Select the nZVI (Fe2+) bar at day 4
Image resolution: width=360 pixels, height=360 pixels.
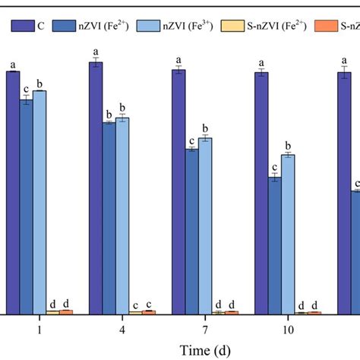pyautogui.click(x=109, y=217)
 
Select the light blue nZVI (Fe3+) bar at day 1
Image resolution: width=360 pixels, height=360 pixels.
pyautogui.click(x=39, y=201)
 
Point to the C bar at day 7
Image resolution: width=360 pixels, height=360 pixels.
pyautogui.click(x=178, y=191)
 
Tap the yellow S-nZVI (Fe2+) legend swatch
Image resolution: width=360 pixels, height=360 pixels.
pyautogui.click(x=236, y=25)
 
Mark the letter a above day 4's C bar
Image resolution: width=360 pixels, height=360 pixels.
pyautogui.click(x=96, y=50)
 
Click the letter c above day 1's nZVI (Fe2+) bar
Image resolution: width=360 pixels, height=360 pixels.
pyautogui.click(x=26, y=89)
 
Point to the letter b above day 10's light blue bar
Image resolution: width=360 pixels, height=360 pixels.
pyautogui.click(x=287, y=145)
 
